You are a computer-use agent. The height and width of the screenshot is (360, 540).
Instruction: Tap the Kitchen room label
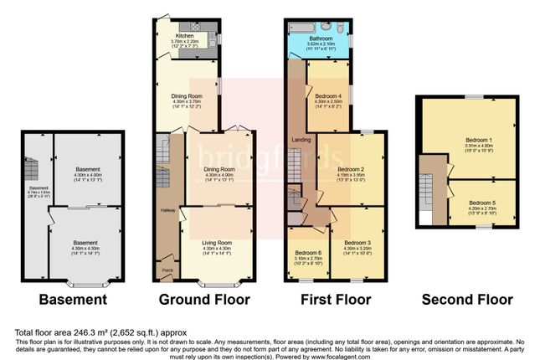(x=185, y=36)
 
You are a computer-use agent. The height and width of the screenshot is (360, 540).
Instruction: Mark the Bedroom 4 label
(x=327, y=96)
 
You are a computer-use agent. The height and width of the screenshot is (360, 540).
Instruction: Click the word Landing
(x=301, y=139)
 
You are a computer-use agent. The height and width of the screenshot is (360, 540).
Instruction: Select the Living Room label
(x=216, y=242)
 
